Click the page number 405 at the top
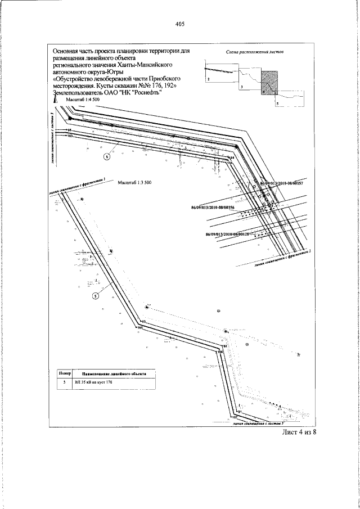[x=180, y=24]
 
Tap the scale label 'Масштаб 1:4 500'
[x=83, y=99]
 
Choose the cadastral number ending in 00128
[x=227, y=233]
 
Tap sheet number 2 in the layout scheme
[x=208, y=81]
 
